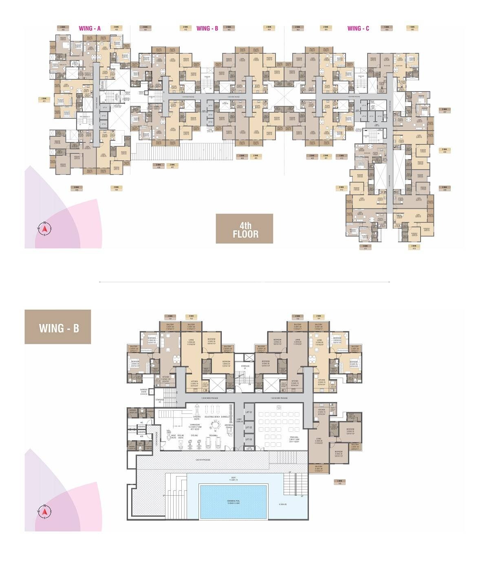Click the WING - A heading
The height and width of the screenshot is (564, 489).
[x=90, y=28]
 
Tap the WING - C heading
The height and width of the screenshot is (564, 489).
[x=358, y=28]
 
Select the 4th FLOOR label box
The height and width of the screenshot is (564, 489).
[x=244, y=229]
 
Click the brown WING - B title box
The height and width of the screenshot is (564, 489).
[x=58, y=327]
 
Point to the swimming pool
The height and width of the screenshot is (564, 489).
[x=233, y=501]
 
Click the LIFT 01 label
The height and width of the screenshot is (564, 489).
[x=248, y=413]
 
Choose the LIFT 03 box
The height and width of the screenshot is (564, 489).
[x=248, y=439]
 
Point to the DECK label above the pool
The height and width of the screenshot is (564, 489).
[x=233, y=479]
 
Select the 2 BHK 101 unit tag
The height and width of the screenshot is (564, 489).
[x=170, y=317]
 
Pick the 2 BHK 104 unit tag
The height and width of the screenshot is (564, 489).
[x=319, y=317]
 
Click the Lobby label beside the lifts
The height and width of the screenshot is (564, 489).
[x=239, y=421]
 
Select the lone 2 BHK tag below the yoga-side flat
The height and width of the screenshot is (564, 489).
[x=339, y=482]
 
